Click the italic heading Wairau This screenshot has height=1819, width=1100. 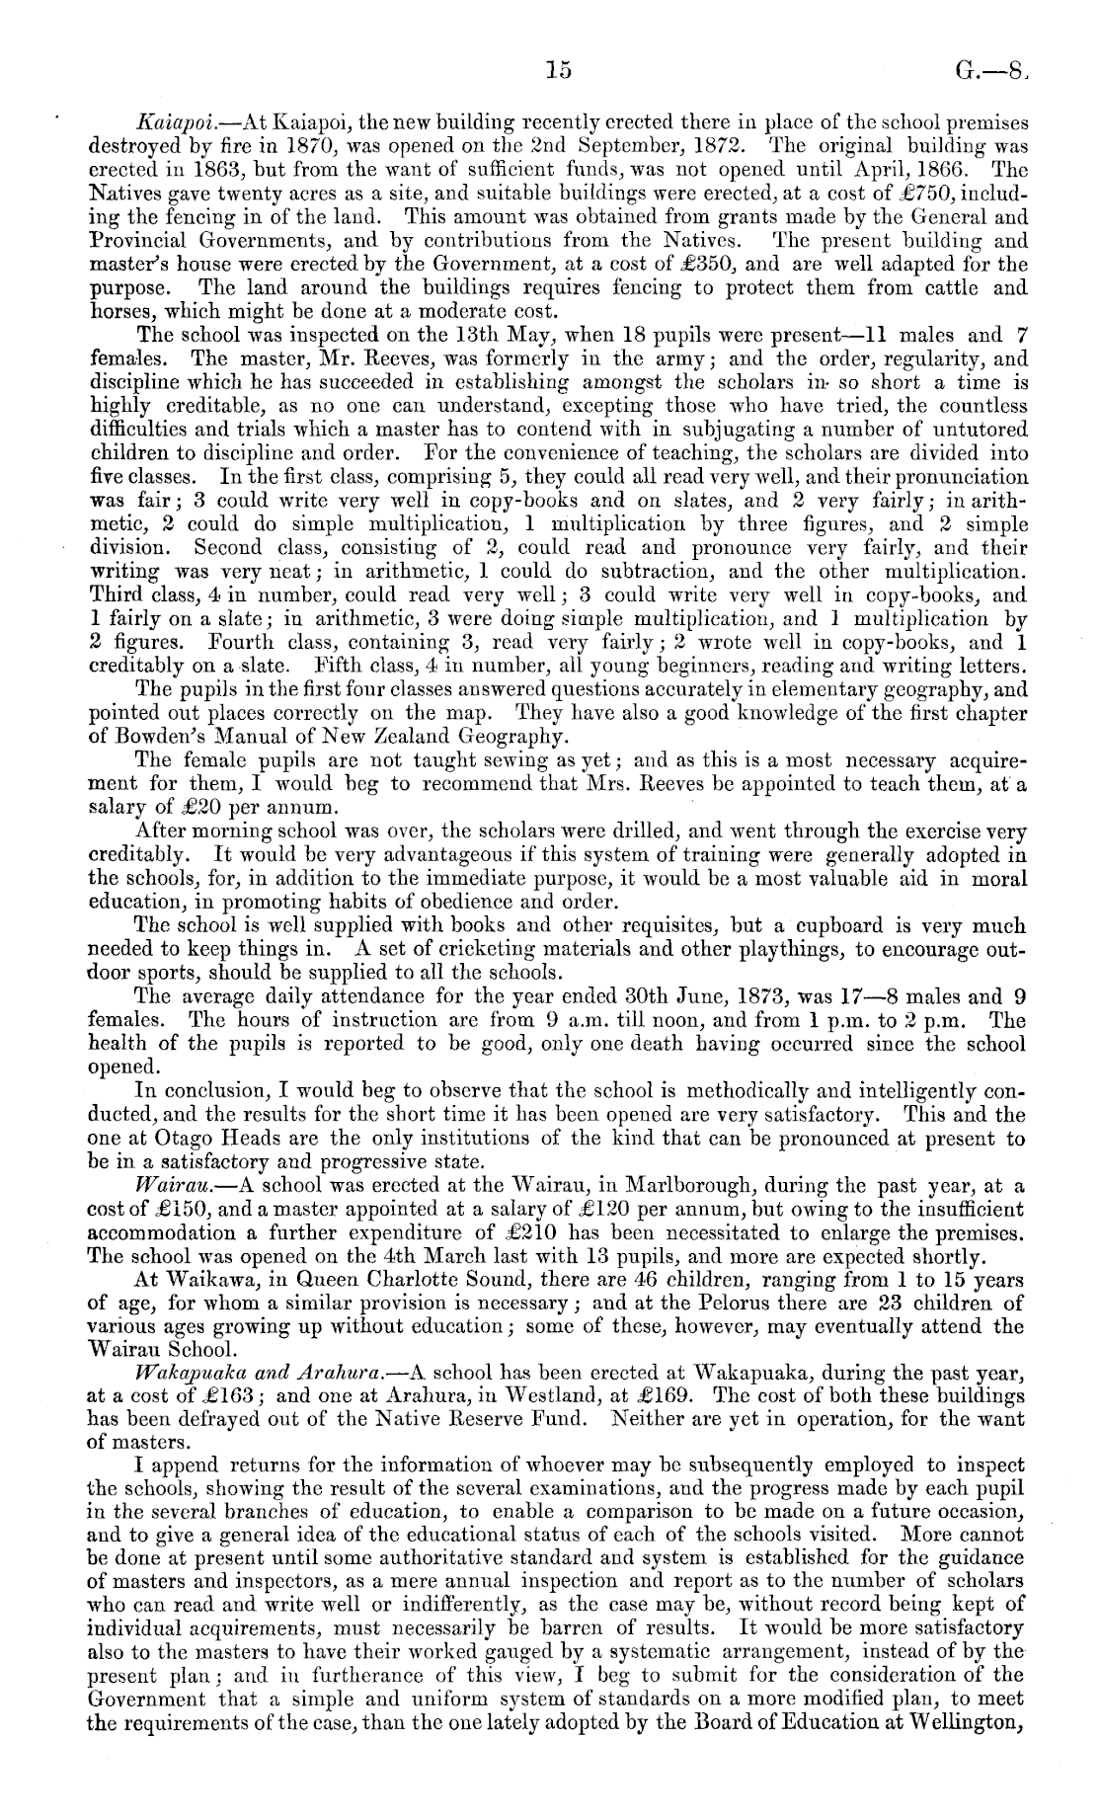click(169, 1185)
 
